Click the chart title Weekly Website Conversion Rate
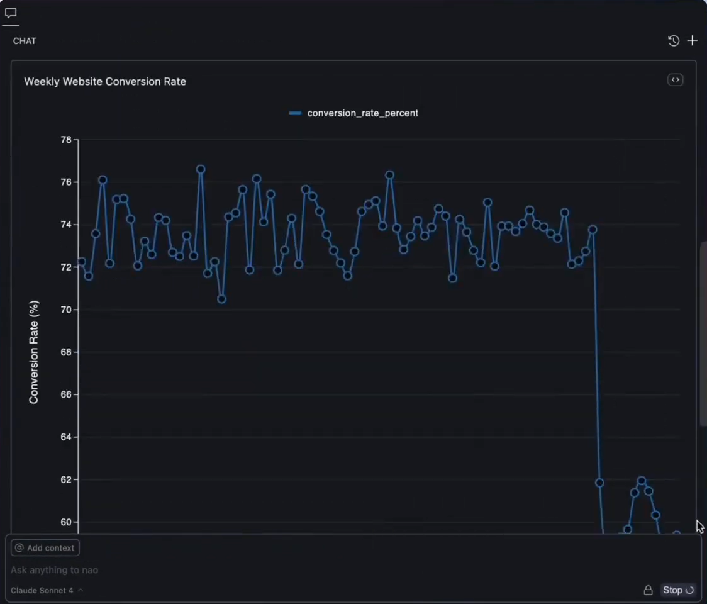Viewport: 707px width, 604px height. pos(105,81)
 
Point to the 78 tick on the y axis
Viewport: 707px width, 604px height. pos(65,140)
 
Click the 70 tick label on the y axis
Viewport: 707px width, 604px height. pos(65,310)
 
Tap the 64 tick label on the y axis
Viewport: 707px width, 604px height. pos(65,437)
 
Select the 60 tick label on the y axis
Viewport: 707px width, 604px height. pos(65,522)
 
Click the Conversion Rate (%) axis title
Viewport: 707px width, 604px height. pos(34,352)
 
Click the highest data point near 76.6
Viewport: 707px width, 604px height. pos(201,169)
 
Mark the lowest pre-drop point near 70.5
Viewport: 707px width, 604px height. pos(221,299)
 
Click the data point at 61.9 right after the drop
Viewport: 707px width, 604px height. pos(599,483)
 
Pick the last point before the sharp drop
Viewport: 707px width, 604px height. pos(592,230)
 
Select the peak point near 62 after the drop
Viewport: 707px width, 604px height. pos(642,481)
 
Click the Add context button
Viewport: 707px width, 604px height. pos(45,548)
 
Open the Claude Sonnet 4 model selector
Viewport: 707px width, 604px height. pos(47,590)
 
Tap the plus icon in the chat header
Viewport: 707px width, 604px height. pos(692,41)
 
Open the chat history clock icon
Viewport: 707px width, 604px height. pos(674,41)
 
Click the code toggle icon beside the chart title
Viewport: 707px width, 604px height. pos(675,80)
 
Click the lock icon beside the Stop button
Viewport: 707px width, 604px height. pos(648,590)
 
